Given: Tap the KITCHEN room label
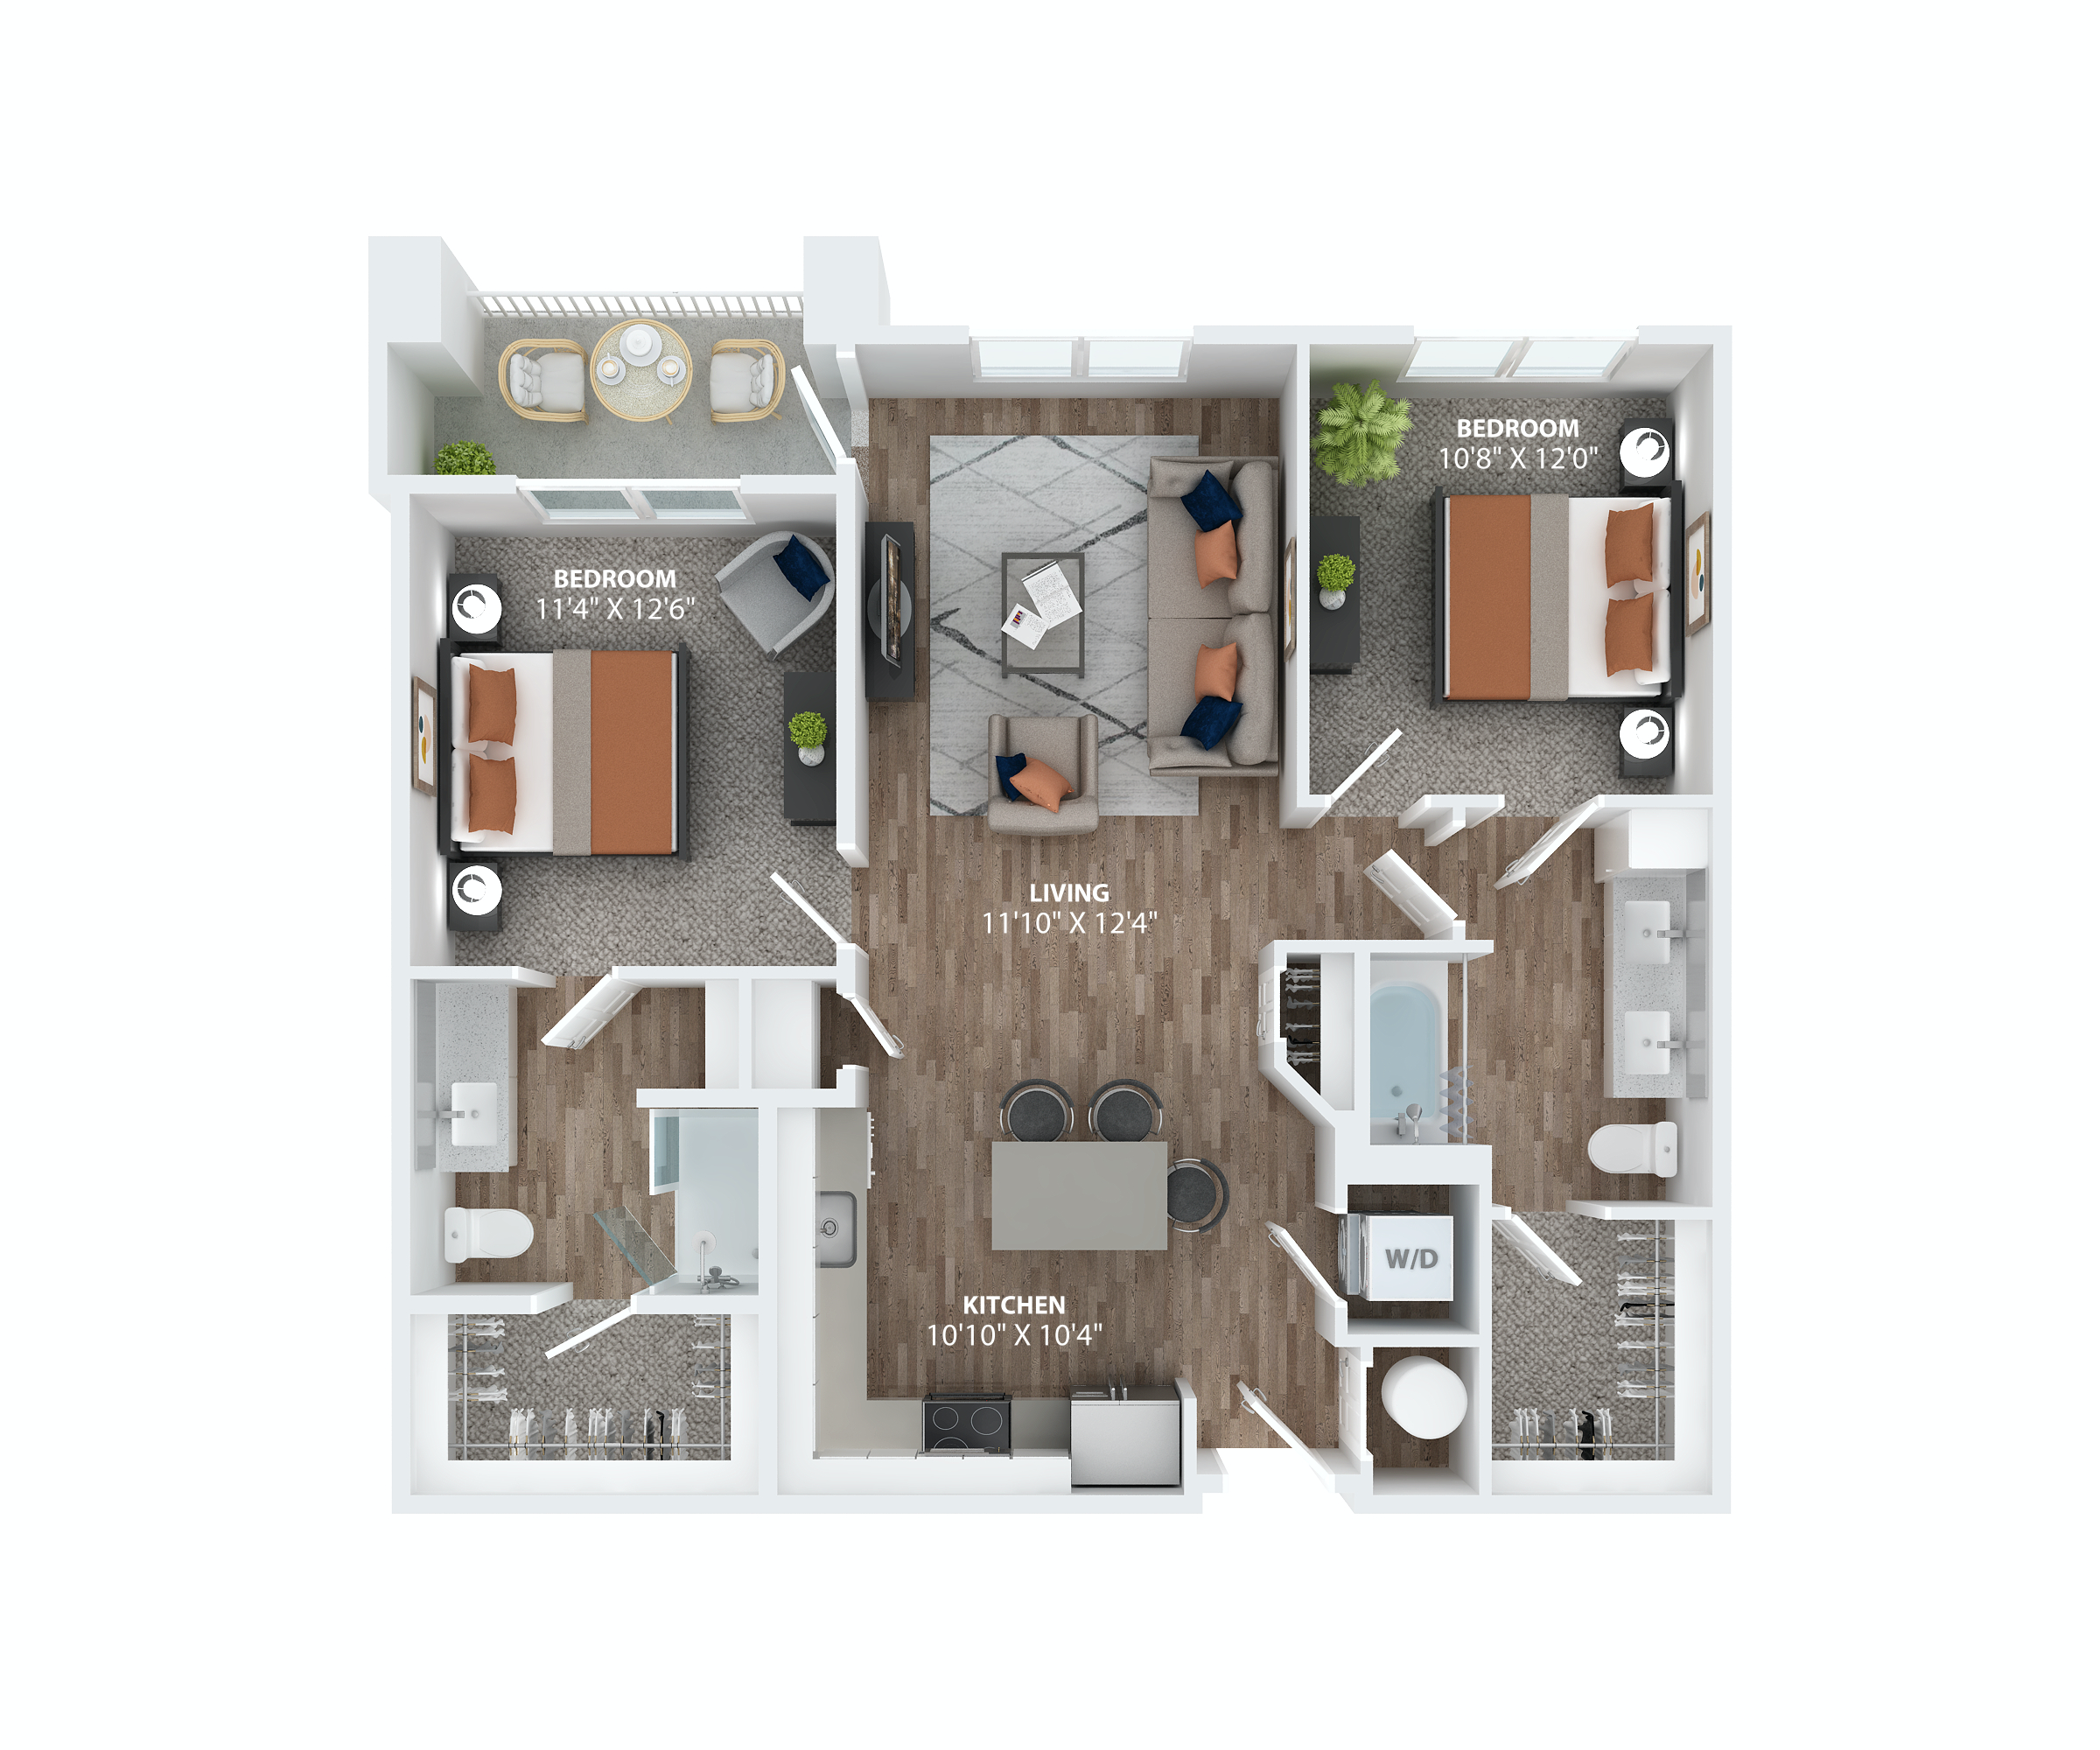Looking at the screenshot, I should (1013, 1304).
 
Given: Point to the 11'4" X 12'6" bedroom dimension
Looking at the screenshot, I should (614, 609).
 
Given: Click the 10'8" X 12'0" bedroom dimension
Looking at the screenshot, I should (1517, 459).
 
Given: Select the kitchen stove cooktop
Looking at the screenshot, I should (966, 1422).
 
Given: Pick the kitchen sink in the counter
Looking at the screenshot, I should (835, 1228).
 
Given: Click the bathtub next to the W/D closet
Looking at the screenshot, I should (1404, 1050).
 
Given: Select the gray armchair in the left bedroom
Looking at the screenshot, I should (778, 590).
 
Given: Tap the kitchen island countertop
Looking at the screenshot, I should (1079, 1195).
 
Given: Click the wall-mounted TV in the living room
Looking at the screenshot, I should (890, 610).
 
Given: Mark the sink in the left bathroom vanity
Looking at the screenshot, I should (473, 1114).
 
